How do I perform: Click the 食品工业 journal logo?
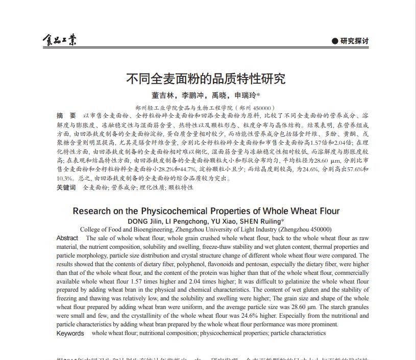tap(59, 41)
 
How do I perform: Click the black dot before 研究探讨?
tap(335, 41)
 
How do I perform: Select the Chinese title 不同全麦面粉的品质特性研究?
tap(206, 79)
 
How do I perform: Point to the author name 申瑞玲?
tap(245, 95)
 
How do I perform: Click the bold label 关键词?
tap(66, 188)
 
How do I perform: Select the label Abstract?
tap(67, 238)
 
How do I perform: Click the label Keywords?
tap(70, 333)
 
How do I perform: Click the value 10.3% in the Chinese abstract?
tap(65, 178)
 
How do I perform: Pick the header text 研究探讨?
tap(354, 41)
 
